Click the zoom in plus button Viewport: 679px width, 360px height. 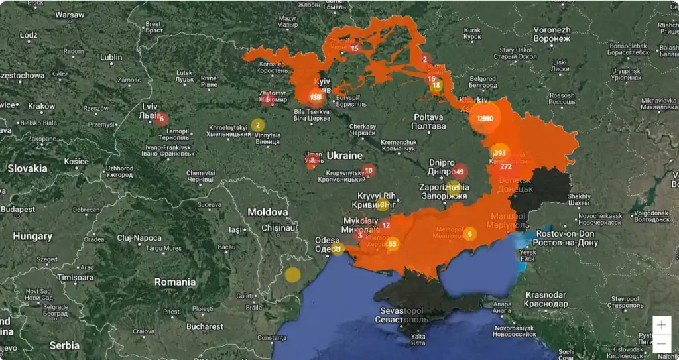click(x=661, y=325)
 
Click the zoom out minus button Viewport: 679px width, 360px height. click(x=661, y=343)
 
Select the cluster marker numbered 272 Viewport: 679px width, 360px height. click(x=505, y=166)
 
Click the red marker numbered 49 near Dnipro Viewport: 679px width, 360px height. click(x=460, y=172)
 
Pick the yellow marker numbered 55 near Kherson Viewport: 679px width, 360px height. click(x=392, y=244)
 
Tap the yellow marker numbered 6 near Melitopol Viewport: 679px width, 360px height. click(x=470, y=233)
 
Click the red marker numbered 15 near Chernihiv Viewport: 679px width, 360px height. click(x=355, y=48)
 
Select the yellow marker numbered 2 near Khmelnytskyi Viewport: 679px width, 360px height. click(x=257, y=125)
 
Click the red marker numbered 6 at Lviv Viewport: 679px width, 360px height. click(x=161, y=119)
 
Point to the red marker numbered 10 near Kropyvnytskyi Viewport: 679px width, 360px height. click(x=369, y=170)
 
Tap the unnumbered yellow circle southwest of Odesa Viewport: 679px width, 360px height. click(x=292, y=274)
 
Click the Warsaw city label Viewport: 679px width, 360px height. click(x=70, y=14)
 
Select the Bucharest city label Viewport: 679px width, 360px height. click(x=204, y=326)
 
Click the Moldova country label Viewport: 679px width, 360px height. click(x=267, y=212)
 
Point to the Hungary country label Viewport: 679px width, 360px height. click(x=32, y=236)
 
